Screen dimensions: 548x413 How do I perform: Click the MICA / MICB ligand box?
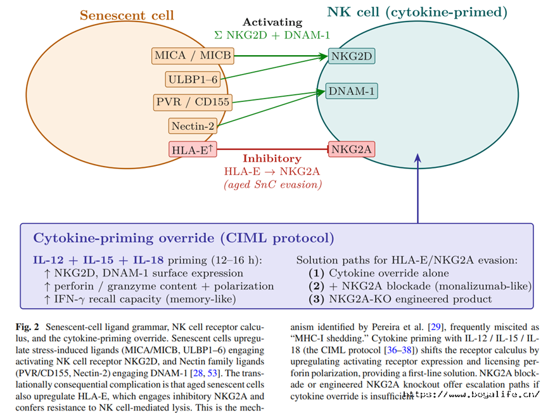[x=193, y=56]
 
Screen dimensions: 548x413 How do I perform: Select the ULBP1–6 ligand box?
[x=193, y=79]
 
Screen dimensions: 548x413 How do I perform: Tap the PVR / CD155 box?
[x=193, y=102]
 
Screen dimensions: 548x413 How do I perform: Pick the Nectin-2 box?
[x=193, y=126]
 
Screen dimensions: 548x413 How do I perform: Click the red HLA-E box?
[x=193, y=149]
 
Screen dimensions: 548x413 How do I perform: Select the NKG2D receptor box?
[x=352, y=56]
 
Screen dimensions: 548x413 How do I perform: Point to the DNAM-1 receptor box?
[x=352, y=91]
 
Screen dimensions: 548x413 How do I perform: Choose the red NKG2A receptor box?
[x=352, y=149]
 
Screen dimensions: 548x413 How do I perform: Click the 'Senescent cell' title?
[x=127, y=15]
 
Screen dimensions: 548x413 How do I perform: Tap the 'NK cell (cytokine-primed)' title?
[x=417, y=12]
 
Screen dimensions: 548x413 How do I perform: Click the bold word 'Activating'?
[x=272, y=22]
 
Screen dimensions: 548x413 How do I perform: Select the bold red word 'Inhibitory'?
[x=272, y=158]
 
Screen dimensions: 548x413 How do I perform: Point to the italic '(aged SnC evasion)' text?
[x=272, y=184]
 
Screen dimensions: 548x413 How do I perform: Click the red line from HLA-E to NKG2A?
[x=272, y=149]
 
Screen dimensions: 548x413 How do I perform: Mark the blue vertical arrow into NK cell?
[x=417, y=188]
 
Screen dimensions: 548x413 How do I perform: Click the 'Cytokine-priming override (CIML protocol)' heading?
[x=184, y=238]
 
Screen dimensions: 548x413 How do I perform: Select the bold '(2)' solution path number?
[x=316, y=286]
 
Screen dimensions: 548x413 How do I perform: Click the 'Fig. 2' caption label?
[x=27, y=327]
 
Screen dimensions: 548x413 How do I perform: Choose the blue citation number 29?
[x=435, y=327]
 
